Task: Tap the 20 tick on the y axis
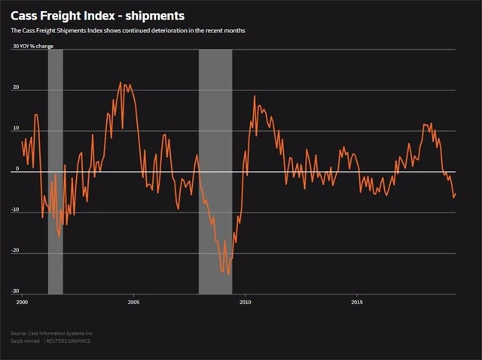pyautogui.click(x=15, y=88)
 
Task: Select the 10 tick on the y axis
pyautogui.click(x=15, y=129)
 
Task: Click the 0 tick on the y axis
pyautogui.click(x=17, y=169)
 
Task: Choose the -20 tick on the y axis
pyautogui.click(x=14, y=251)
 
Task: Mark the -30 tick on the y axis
pyautogui.click(x=14, y=291)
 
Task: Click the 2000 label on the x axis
pyautogui.click(x=21, y=302)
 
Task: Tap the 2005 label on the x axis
pyautogui.click(x=133, y=302)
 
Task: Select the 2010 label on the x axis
pyautogui.click(x=245, y=302)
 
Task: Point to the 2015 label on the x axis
pyautogui.click(x=357, y=302)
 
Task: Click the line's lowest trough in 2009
pyautogui.click(x=228, y=275)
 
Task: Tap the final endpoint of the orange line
pyautogui.click(x=456, y=194)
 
